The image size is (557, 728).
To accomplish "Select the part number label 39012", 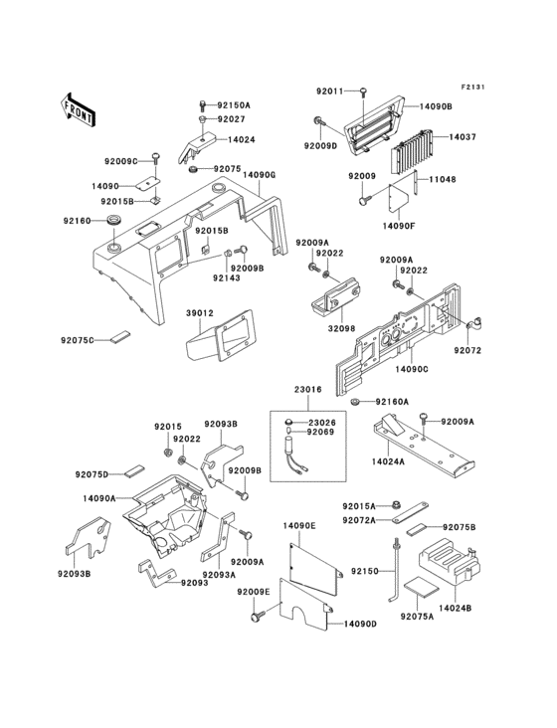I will point(200,312).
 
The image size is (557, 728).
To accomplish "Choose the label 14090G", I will point(257,175).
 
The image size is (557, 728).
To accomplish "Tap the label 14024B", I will point(455,607).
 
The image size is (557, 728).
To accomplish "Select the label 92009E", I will point(254,592).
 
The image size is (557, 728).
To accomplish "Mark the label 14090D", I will point(361,624).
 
